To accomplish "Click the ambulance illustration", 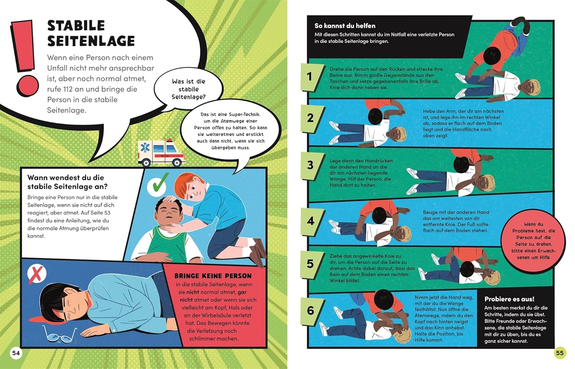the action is click(x=161, y=153).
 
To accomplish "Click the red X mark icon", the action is click(x=37, y=274).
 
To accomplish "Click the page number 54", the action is click(x=16, y=353).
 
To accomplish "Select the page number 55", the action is click(x=560, y=353).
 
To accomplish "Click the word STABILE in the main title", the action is click(x=76, y=26).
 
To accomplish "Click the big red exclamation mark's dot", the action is click(x=28, y=86).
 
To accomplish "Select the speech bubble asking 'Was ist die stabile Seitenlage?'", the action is click(x=189, y=89).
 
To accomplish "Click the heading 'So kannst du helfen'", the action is click(x=345, y=26).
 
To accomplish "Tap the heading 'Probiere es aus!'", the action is click(x=509, y=299).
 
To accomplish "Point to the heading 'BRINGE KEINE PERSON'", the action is click(x=213, y=276).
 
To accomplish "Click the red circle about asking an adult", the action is click(x=534, y=241).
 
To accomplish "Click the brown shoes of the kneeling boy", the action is click(x=258, y=252).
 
